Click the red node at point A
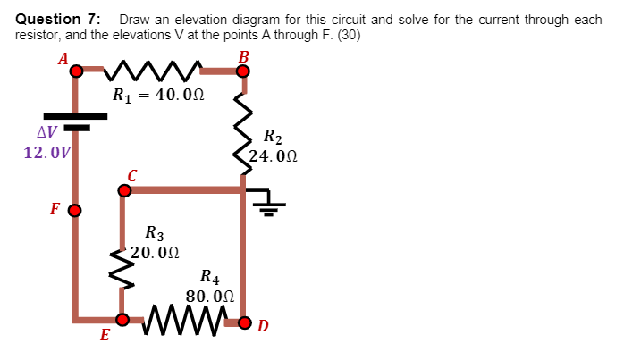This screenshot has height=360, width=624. coord(77,70)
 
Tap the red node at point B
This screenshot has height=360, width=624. coord(243,70)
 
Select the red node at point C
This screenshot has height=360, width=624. coord(124,189)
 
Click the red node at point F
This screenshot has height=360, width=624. coord(75,212)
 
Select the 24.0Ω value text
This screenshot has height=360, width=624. coord(273,156)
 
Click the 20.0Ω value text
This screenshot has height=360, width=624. coord(155,252)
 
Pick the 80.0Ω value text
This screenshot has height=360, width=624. coord(210,296)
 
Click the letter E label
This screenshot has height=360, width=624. coord(105,336)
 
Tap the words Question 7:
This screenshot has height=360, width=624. coord(59,19)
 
